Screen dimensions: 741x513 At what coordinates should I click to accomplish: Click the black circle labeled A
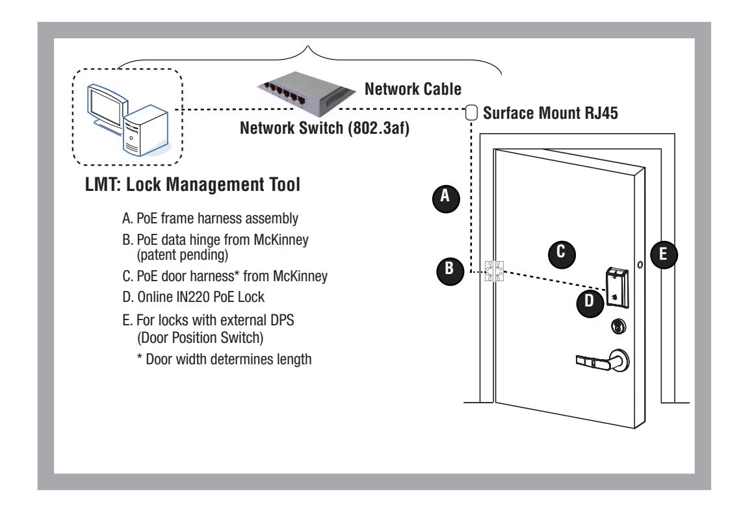[446, 197]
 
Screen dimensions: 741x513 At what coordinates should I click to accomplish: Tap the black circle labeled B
[450, 270]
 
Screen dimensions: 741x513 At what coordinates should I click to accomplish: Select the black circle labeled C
[562, 253]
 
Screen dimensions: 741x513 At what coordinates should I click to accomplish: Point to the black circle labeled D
[590, 303]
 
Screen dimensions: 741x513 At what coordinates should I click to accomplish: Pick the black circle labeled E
[664, 255]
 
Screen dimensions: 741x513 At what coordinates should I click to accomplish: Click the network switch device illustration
[306, 94]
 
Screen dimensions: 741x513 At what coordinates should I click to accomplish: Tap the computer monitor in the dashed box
[107, 110]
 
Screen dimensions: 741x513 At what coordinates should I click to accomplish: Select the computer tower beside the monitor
[146, 131]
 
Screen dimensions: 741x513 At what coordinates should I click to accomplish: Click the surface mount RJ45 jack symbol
[471, 113]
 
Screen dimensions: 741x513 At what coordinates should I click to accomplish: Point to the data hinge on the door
[494, 271]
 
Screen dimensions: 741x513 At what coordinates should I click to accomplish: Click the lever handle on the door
[603, 361]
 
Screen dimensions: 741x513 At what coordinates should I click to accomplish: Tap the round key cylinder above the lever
[619, 326]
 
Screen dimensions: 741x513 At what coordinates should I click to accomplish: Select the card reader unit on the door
[617, 288]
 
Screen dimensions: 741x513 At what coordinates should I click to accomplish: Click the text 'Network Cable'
[413, 89]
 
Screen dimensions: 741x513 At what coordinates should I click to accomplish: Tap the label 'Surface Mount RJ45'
[551, 113]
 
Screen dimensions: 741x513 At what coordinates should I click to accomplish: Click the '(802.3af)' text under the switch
[378, 129]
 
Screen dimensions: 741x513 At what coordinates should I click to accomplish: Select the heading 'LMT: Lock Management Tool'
[193, 184]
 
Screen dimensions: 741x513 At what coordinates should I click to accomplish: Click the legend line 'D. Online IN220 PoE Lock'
[193, 297]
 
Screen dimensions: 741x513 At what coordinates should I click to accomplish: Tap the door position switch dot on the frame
[640, 265]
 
